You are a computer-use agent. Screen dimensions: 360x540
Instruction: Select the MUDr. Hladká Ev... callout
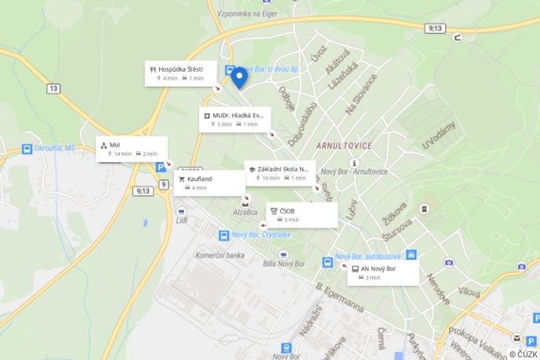point(235,120)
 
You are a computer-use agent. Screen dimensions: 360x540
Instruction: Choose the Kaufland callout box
point(209,183)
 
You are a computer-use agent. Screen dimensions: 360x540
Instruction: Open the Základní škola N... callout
point(279,173)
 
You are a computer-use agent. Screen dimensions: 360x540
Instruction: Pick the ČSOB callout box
point(301,215)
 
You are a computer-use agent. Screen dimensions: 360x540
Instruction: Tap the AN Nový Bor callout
point(383,273)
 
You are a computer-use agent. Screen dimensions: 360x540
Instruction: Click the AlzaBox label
point(246,212)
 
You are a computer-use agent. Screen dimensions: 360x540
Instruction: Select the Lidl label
point(182,220)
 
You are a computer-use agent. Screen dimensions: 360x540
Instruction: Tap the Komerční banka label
point(220,255)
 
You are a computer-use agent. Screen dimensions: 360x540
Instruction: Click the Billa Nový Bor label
point(285,262)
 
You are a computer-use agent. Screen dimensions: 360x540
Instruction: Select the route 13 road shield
point(53,88)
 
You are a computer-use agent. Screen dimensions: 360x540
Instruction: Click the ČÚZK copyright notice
point(523,354)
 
